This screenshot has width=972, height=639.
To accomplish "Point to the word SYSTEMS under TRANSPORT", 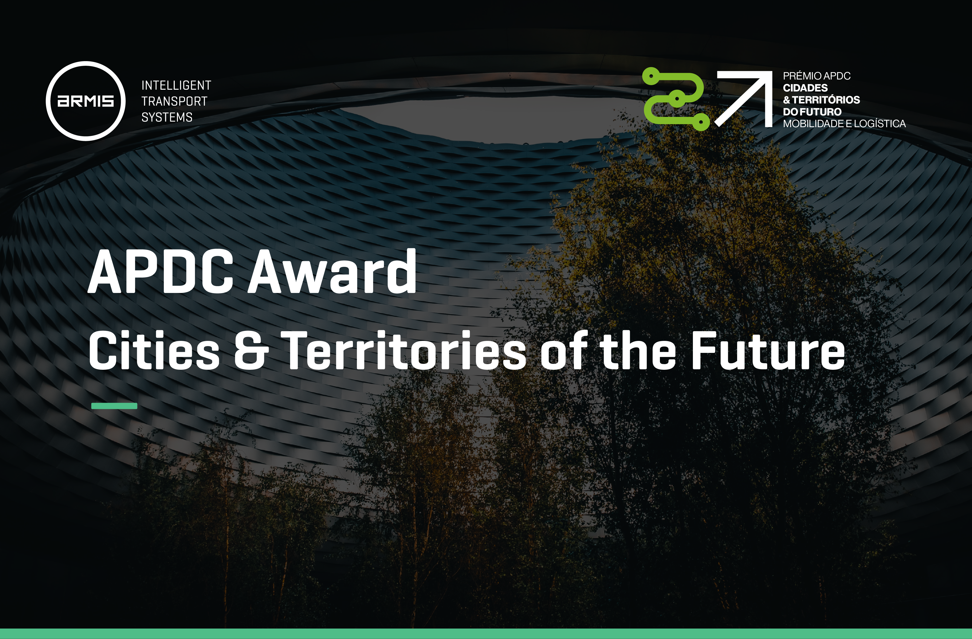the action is [x=167, y=117].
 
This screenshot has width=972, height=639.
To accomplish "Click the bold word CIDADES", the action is [x=805, y=88].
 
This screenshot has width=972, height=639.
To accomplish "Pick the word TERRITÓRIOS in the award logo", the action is [x=826, y=100].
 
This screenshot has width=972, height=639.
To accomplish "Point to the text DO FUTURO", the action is [x=812, y=112].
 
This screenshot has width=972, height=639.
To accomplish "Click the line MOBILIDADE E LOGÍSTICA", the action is [x=844, y=123].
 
